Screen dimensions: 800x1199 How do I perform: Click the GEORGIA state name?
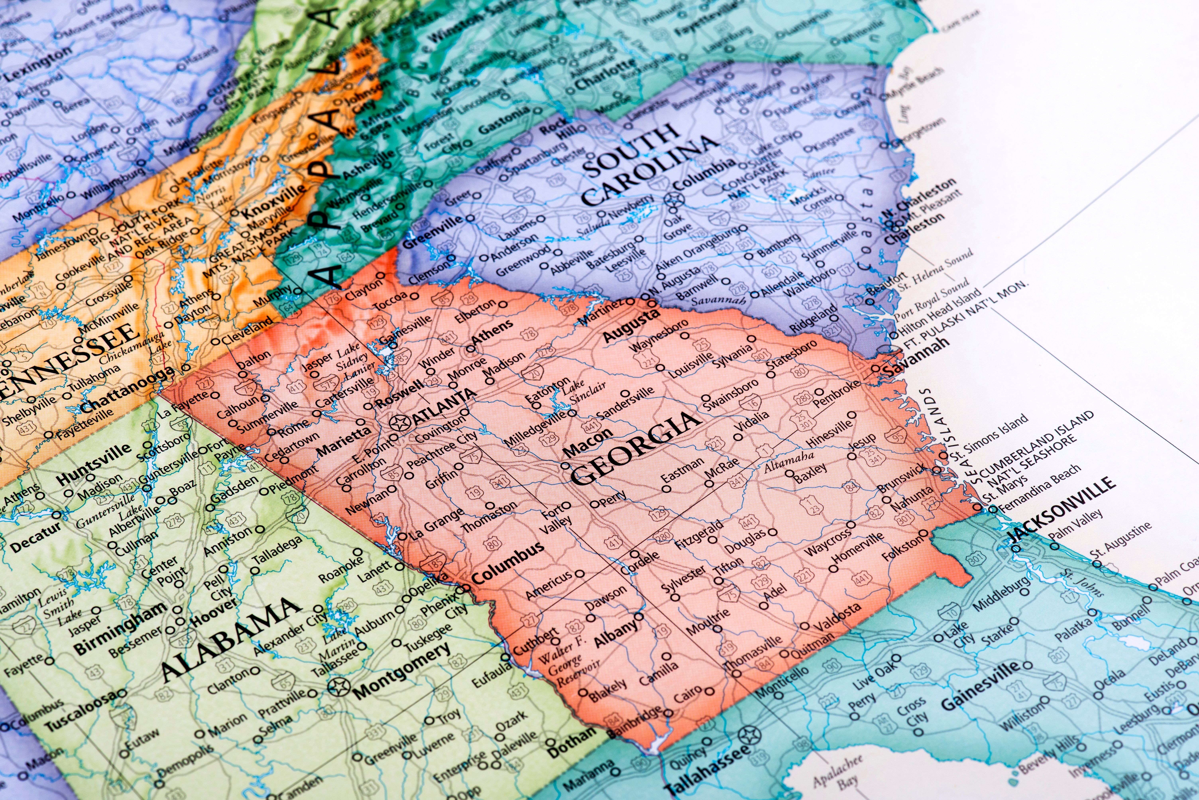pyautogui.click(x=636, y=447)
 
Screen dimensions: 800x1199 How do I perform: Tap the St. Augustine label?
pyautogui.click(x=1120, y=539)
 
